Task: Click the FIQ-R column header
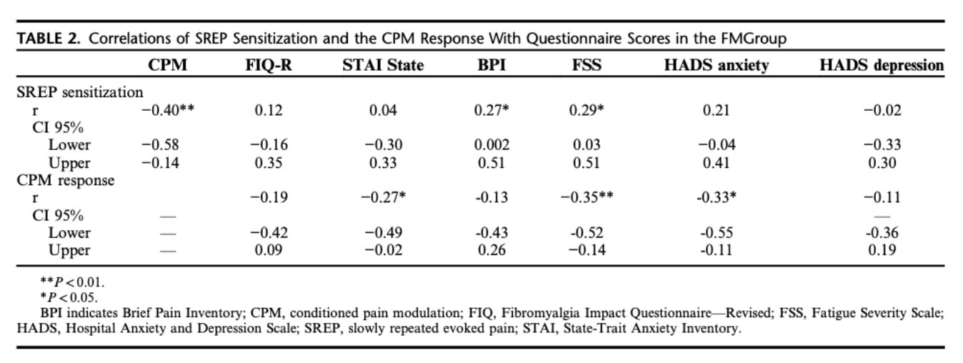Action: [269, 66]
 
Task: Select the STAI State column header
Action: [383, 66]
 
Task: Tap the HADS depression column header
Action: [882, 66]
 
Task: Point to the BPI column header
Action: [492, 66]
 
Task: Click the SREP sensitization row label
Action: [80, 92]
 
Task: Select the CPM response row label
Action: [66, 180]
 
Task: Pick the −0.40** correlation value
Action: [169, 110]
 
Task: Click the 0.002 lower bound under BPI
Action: [492, 145]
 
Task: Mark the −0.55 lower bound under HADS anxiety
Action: [717, 233]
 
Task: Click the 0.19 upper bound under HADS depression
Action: [882, 250]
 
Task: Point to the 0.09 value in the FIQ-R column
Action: [269, 250]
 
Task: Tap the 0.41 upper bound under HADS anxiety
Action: [717, 162]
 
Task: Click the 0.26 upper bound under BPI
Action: [492, 250]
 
